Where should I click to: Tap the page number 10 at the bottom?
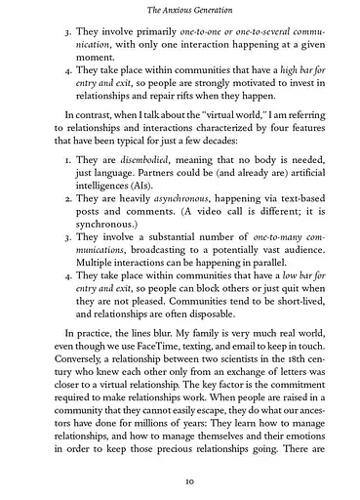[x=180, y=480]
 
